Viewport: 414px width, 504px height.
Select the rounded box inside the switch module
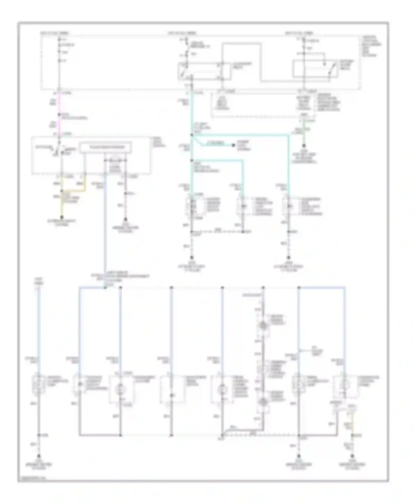(105, 148)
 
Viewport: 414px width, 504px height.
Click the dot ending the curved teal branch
(233, 145)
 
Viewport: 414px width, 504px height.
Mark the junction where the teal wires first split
(192, 135)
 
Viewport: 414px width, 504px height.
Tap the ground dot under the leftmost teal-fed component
(192, 258)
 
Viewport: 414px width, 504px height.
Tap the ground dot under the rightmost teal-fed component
(288, 258)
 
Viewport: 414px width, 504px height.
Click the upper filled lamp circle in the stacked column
(263, 326)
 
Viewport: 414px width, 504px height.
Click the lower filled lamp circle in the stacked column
(263, 402)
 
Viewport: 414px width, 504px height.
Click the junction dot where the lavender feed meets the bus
(105, 288)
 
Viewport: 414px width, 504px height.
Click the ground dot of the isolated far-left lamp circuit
(38, 456)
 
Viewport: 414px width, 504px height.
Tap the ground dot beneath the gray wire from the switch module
(126, 219)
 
